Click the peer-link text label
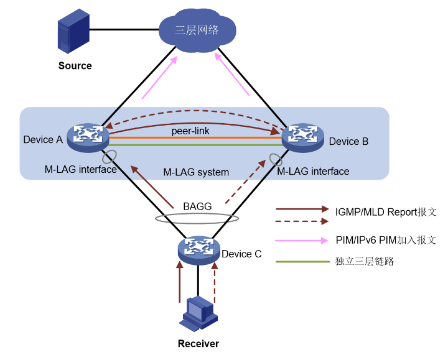pyautogui.click(x=194, y=131)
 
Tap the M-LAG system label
pyautogui.click(x=196, y=172)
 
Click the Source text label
pyautogui.click(x=75, y=65)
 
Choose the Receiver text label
pyautogui.click(x=198, y=343)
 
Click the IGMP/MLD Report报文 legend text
pyautogui.click(x=386, y=211)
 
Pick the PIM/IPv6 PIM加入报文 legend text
pyautogui.click(x=386, y=240)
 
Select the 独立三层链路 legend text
pyautogui.click(x=365, y=261)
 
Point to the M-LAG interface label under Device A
pyautogui.click(x=81, y=169)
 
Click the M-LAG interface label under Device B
pyautogui.click(x=313, y=171)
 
